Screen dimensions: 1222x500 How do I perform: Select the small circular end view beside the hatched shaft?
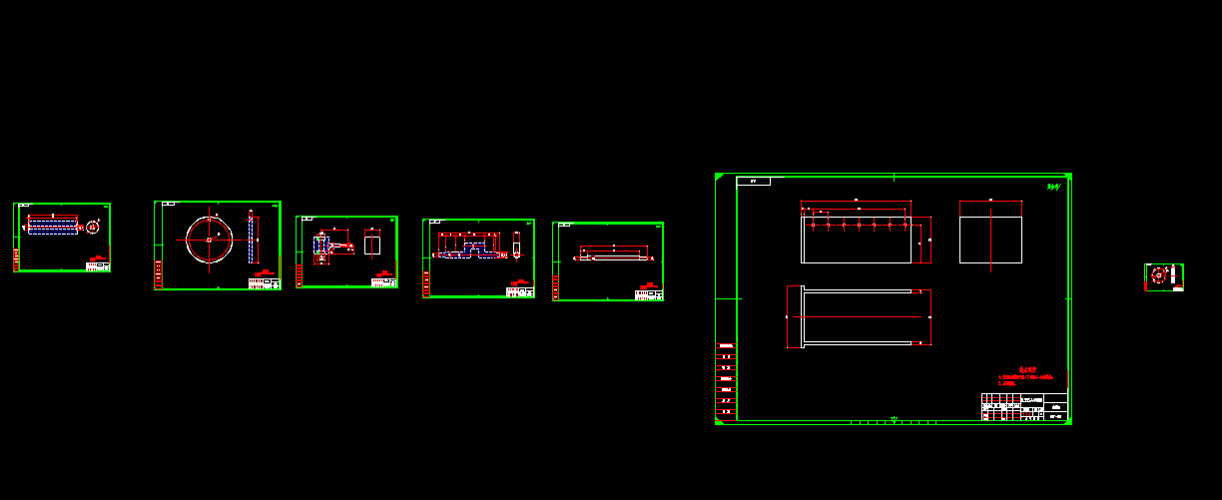pos(92,227)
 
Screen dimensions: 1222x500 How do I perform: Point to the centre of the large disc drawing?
pos(209,240)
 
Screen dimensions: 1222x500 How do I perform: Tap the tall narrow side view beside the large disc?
pos(251,239)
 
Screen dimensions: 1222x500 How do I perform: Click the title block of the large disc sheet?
pos(265,282)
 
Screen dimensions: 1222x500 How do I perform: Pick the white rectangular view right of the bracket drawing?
pos(372,245)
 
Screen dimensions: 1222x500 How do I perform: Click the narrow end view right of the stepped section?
pos(517,243)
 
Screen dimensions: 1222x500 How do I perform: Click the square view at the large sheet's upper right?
pos(990,232)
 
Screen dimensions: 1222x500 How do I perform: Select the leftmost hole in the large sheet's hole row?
pos(815,226)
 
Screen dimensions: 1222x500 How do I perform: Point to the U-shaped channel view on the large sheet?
pos(858,317)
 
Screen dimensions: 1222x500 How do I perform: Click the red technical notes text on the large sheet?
pos(1026,377)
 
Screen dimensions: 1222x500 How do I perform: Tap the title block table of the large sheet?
pos(1024,407)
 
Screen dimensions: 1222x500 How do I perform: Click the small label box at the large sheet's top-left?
pos(753,182)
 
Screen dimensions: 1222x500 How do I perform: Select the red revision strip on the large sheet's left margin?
pos(726,379)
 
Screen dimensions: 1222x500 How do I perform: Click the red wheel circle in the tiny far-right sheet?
pos(1159,273)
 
